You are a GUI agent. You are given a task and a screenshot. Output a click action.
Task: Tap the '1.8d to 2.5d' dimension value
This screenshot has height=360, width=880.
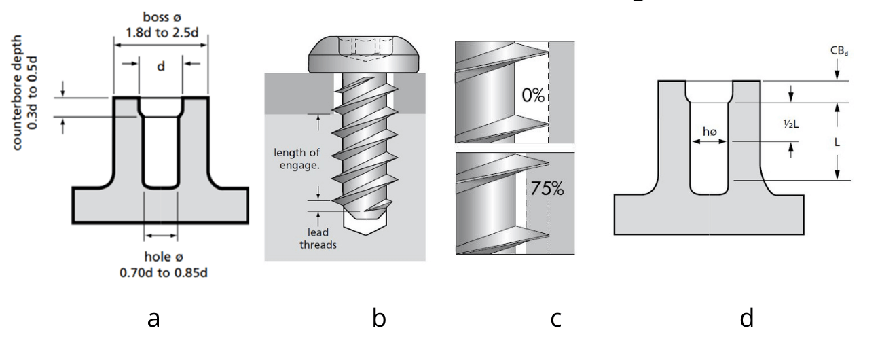click(161, 31)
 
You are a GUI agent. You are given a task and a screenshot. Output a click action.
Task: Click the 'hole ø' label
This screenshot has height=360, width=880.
click(161, 257)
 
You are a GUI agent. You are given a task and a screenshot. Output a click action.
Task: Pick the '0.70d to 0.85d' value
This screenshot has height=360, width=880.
click(161, 273)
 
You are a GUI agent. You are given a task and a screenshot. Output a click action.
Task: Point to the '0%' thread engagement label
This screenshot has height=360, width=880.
click(533, 95)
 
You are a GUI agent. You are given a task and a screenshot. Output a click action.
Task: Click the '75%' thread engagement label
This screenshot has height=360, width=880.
click(547, 189)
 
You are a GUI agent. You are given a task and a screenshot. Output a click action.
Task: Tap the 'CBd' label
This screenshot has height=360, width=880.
click(837, 51)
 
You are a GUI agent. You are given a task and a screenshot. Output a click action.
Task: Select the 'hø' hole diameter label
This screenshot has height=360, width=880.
click(709, 131)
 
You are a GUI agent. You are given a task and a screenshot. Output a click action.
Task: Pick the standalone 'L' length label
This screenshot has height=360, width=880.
click(837, 142)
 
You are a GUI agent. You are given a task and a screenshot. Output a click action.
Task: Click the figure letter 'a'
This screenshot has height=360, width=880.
click(153, 318)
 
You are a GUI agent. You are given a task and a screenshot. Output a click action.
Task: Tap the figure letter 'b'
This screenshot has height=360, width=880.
click(379, 318)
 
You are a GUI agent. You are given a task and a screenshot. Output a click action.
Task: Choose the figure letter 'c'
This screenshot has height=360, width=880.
click(555, 318)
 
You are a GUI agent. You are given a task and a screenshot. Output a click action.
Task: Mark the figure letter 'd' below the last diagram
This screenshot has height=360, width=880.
click(746, 318)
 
